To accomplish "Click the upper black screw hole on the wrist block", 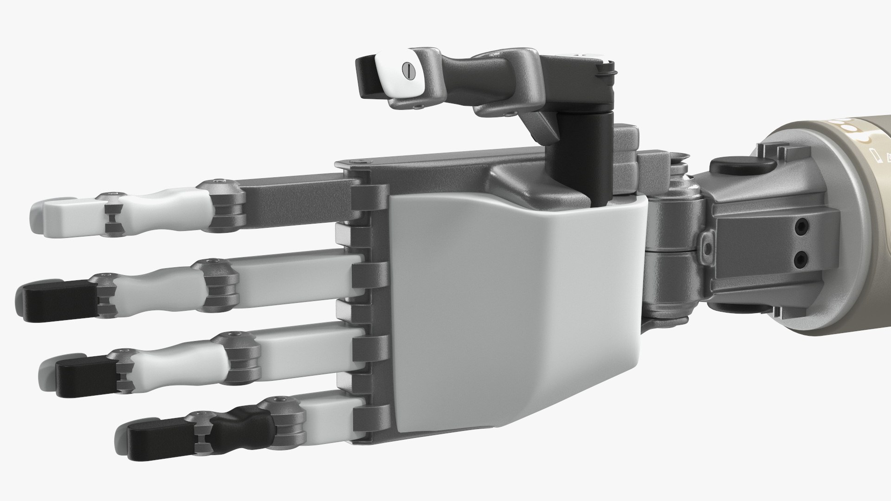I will pos(800,227).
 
